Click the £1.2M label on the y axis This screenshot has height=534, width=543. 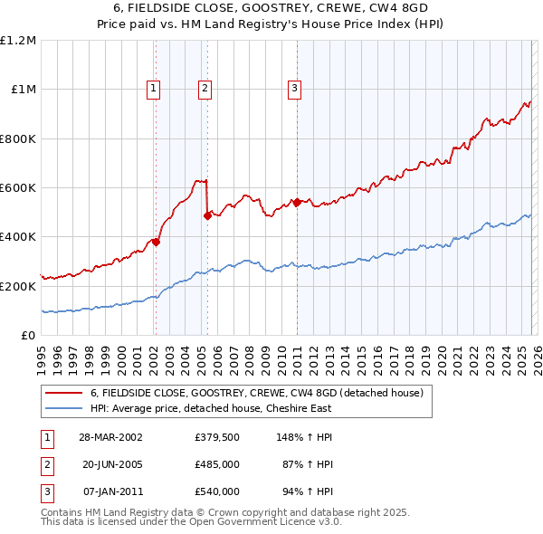(18, 41)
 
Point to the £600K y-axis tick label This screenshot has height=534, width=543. (18, 188)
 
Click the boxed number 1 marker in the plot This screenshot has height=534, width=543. (154, 89)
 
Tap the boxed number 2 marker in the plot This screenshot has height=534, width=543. (205, 89)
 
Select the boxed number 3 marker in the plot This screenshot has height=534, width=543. (295, 89)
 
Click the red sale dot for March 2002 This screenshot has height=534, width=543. (156, 242)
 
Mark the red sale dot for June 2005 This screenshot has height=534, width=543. (207, 215)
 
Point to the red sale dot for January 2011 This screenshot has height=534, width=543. (296, 202)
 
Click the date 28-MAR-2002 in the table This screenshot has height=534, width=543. (110, 436)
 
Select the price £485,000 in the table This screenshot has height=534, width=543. (217, 464)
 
